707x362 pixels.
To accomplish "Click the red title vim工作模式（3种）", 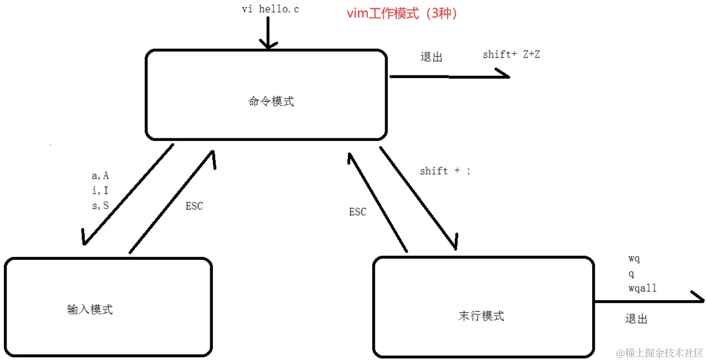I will pyautogui.click(x=402, y=14).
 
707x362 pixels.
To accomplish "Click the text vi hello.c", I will pyautogui.click(x=270, y=9).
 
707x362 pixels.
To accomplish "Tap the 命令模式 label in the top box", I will pyautogui.click(x=271, y=102).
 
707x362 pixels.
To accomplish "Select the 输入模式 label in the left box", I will pyautogui.click(x=90, y=310).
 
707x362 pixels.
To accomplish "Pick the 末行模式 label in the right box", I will pyautogui.click(x=482, y=316).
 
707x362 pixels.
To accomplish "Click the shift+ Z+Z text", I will pyautogui.click(x=511, y=54).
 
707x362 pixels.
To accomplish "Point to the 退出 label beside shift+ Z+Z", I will pyautogui.click(x=431, y=57).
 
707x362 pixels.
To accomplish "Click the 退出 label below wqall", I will pyautogui.click(x=636, y=319).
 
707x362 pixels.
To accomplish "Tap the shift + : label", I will pyautogui.click(x=445, y=171).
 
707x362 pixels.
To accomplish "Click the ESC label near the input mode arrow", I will pyautogui.click(x=194, y=206).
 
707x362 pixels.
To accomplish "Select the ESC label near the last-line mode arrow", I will pyautogui.click(x=357, y=212).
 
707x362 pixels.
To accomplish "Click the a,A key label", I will pyautogui.click(x=100, y=176).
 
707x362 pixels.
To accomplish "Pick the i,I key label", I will pyautogui.click(x=100, y=190).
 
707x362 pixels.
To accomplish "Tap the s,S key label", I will pyautogui.click(x=100, y=205).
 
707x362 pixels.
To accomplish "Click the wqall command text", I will pyautogui.click(x=642, y=288).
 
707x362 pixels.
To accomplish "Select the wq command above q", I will pyautogui.click(x=634, y=259).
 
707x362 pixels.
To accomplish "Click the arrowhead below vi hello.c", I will pyautogui.click(x=268, y=45).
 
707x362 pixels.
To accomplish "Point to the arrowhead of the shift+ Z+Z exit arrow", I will pyautogui.click(x=504, y=74).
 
